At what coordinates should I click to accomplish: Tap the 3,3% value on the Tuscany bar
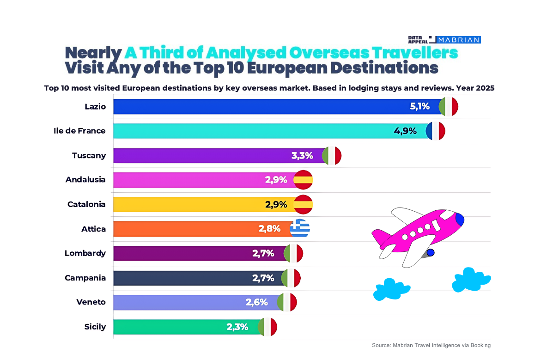302,156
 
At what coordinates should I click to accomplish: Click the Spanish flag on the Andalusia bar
304,180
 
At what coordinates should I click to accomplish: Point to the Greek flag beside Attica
300,228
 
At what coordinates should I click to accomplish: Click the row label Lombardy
85,253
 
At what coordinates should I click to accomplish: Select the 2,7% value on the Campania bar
263,278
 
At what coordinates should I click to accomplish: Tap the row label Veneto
91,302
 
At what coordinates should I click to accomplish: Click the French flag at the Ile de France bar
435,131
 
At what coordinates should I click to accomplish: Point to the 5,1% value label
419,107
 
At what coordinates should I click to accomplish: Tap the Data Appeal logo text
418,40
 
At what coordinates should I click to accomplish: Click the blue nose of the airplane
459,219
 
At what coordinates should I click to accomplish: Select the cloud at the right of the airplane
470,280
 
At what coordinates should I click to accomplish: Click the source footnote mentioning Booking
431,345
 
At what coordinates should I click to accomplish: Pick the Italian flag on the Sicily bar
267,327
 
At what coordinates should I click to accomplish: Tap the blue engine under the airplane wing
431,252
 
